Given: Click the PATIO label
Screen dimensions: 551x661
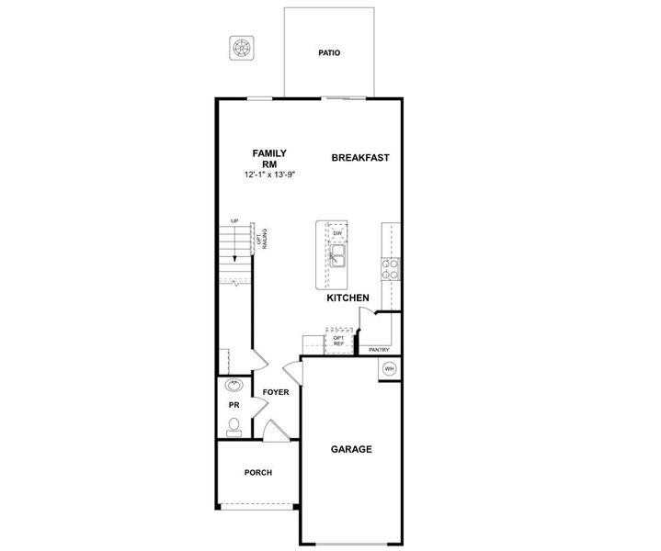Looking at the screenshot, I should (x=329, y=53).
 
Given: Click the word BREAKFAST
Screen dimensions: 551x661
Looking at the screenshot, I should (x=360, y=158).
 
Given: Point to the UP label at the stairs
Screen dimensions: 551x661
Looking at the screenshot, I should (x=235, y=221).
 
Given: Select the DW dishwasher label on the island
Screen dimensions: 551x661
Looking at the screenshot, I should (x=338, y=233).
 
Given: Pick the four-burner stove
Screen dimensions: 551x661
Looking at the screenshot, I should (x=391, y=268).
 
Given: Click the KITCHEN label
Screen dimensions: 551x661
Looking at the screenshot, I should (x=348, y=298).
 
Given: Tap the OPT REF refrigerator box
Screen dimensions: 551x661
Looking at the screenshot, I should (x=338, y=341).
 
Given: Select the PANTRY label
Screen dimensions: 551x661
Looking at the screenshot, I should (x=379, y=350).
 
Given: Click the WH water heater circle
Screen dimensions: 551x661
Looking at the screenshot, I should (x=388, y=369).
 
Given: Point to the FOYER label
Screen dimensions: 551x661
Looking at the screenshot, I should (x=276, y=392).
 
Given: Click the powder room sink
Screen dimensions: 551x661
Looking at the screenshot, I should (x=234, y=386).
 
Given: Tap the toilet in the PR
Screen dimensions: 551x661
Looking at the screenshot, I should (x=234, y=425).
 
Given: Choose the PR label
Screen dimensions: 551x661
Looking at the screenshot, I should (x=234, y=405).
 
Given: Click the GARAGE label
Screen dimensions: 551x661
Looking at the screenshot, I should (x=351, y=450).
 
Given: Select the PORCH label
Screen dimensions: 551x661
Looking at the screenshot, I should (x=257, y=473).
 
